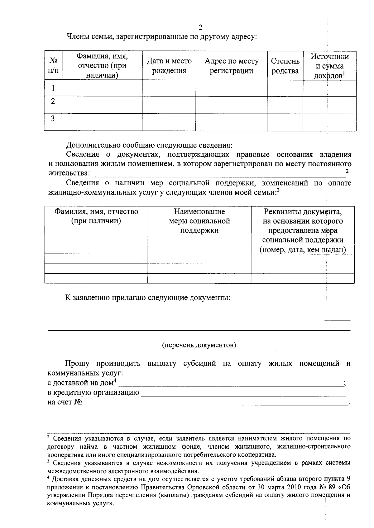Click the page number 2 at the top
tap(200, 27)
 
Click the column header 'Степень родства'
tap(285, 66)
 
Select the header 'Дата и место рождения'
tap(169, 66)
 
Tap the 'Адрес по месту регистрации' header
tap(231, 66)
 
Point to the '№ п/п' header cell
tap(53, 66)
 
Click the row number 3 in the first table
tap(53, 119)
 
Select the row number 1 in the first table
tap(53, 88)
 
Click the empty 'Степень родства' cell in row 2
tap(285, 105)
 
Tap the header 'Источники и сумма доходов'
tap(330, 66)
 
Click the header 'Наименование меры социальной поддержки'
tap(199, 221)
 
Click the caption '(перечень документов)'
tap(199, 345)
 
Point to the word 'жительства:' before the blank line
tap(69, 173)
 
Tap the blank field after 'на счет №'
tap(215, 403)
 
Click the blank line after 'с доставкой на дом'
tap(231, 384)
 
